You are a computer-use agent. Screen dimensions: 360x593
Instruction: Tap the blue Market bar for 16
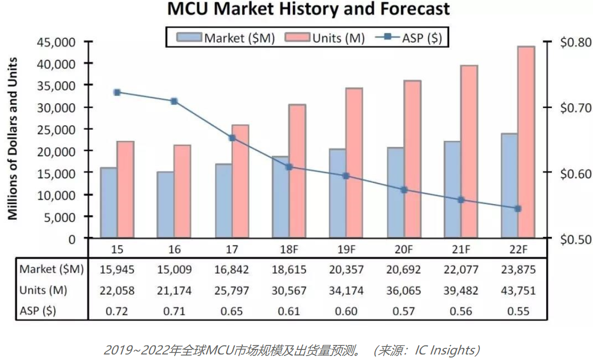pos(165,205)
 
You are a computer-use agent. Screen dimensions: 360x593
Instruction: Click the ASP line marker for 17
pos(232,138)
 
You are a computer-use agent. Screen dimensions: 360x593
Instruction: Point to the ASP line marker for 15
pos(117,93)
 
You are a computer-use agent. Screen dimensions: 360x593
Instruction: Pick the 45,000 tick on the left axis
pos(56,42)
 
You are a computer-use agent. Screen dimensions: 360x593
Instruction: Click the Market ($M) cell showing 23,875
pos(518,269)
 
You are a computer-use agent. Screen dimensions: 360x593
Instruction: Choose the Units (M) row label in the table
pos(43,291)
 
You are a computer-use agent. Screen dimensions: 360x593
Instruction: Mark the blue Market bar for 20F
pos(395,193)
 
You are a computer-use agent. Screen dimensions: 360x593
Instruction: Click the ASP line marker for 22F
pos(518,209)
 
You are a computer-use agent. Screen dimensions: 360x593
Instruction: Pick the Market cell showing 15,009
pos(174,269)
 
